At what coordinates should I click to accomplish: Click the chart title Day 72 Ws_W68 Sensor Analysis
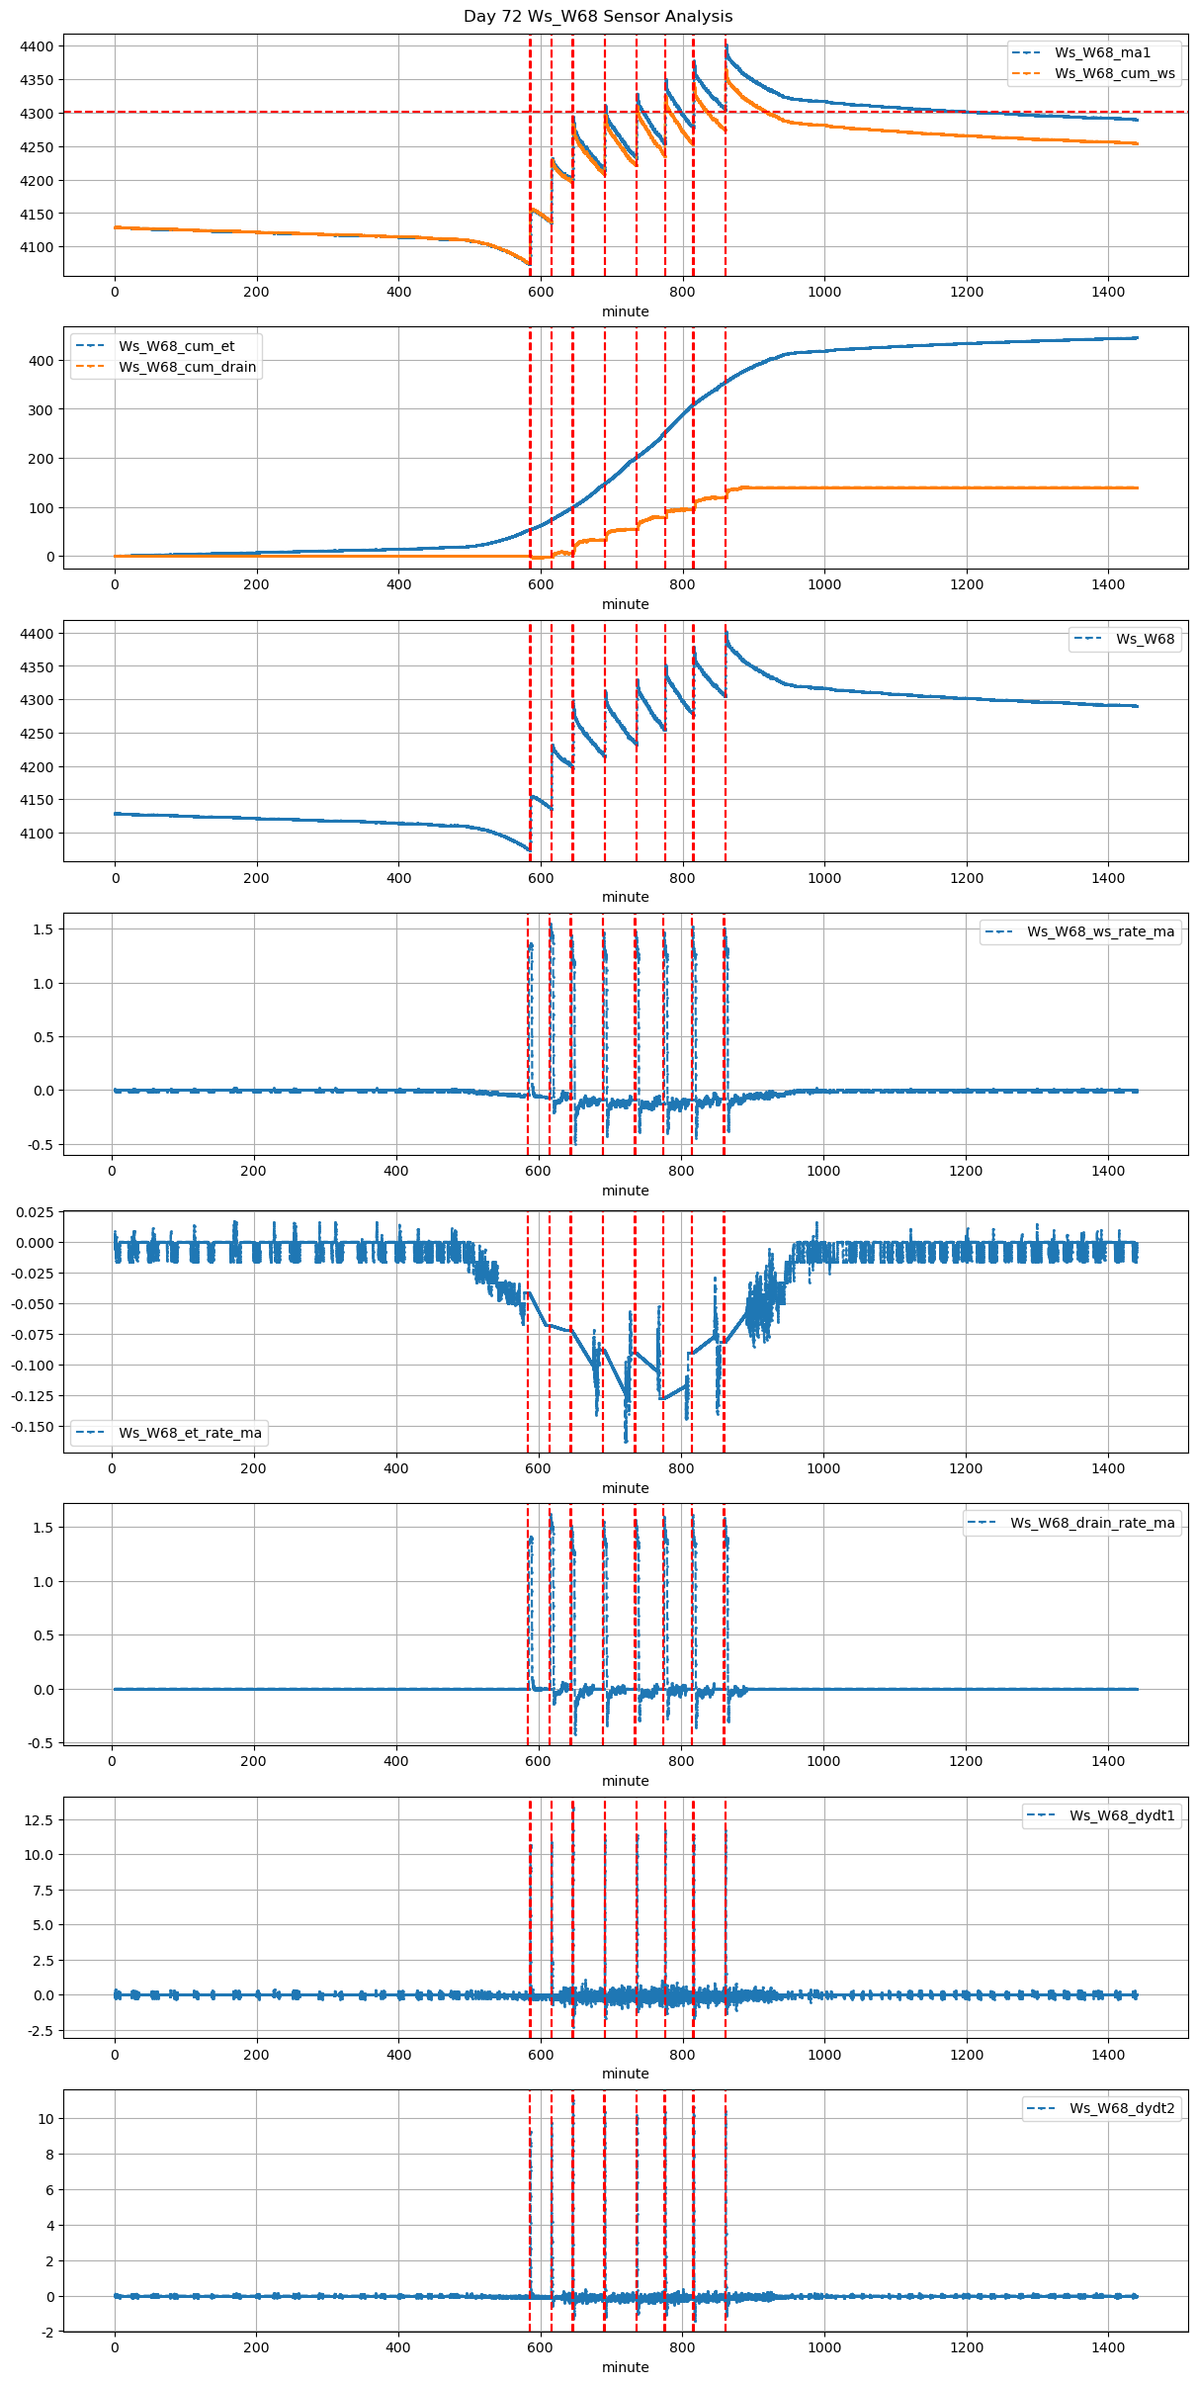[x=598, y=17]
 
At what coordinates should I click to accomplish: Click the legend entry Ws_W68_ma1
[x=1102, y=52]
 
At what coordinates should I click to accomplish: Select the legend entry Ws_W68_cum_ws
[x=1114, y=73]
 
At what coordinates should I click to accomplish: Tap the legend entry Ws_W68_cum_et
[x=176, y=346]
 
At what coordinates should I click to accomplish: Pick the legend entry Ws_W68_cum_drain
[x=187, y=367]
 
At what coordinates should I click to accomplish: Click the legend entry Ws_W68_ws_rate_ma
[x=1100, y=931]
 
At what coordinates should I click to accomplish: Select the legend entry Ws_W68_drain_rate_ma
[x=1091, y=1523]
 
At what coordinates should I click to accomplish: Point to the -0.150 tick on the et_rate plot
[x=32, y=1427]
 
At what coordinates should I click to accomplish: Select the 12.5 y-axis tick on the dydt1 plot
[x=42, y=1819]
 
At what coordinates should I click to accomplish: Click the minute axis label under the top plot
[x=625, y=311]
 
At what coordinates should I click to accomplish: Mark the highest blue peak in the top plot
[x=727, y=44]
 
